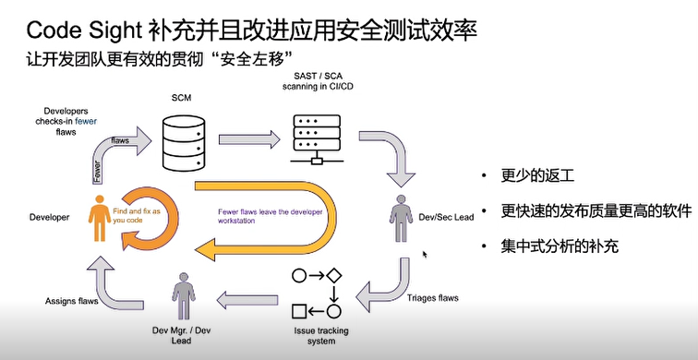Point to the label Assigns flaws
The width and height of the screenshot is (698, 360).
(x=73, y=301)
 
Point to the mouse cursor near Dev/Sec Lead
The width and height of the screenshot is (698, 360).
(x=425, y=254)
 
